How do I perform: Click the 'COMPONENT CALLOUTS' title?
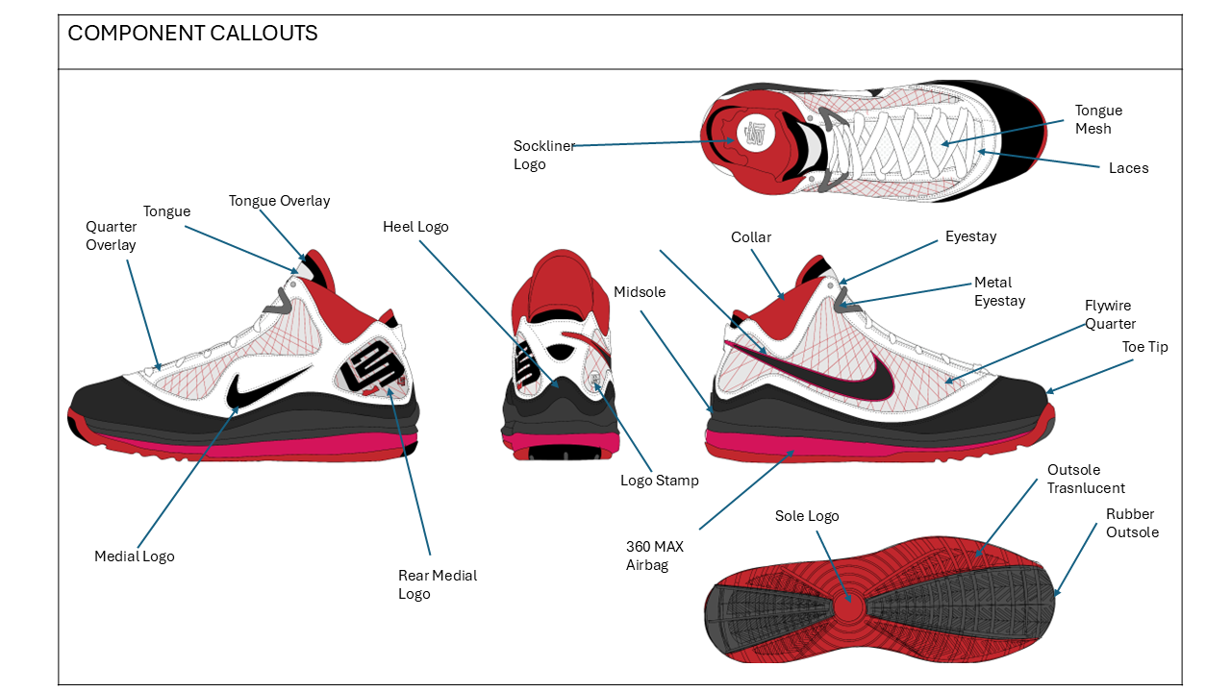(x=192, y=33)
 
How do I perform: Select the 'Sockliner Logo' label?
(x=543, y=155)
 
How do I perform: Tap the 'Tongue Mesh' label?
(x=1098, y=119)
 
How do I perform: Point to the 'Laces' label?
(x=1128, y=168)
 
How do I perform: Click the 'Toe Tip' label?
(x=1144, y=347)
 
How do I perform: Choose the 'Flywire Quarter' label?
(x=1110, y=314)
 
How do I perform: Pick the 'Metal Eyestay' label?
(x=999, y=291)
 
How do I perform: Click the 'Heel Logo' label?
(x=415, y=227)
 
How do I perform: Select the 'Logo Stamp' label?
(x=659, y=481)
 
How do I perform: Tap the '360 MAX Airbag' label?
(x=654, y=556)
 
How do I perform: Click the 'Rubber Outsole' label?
(x=1132, y=523)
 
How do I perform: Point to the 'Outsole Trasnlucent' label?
(x=1086, y=479)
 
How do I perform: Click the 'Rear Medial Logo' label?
(x=438, y=584)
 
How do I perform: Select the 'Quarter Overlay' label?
(x=112, y=235)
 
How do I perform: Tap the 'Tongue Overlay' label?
(x=279, y=201)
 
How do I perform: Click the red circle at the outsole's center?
(x=848, y=607)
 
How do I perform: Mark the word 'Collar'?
(x=751, y=237)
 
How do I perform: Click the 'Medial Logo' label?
(x=135, y=556)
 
